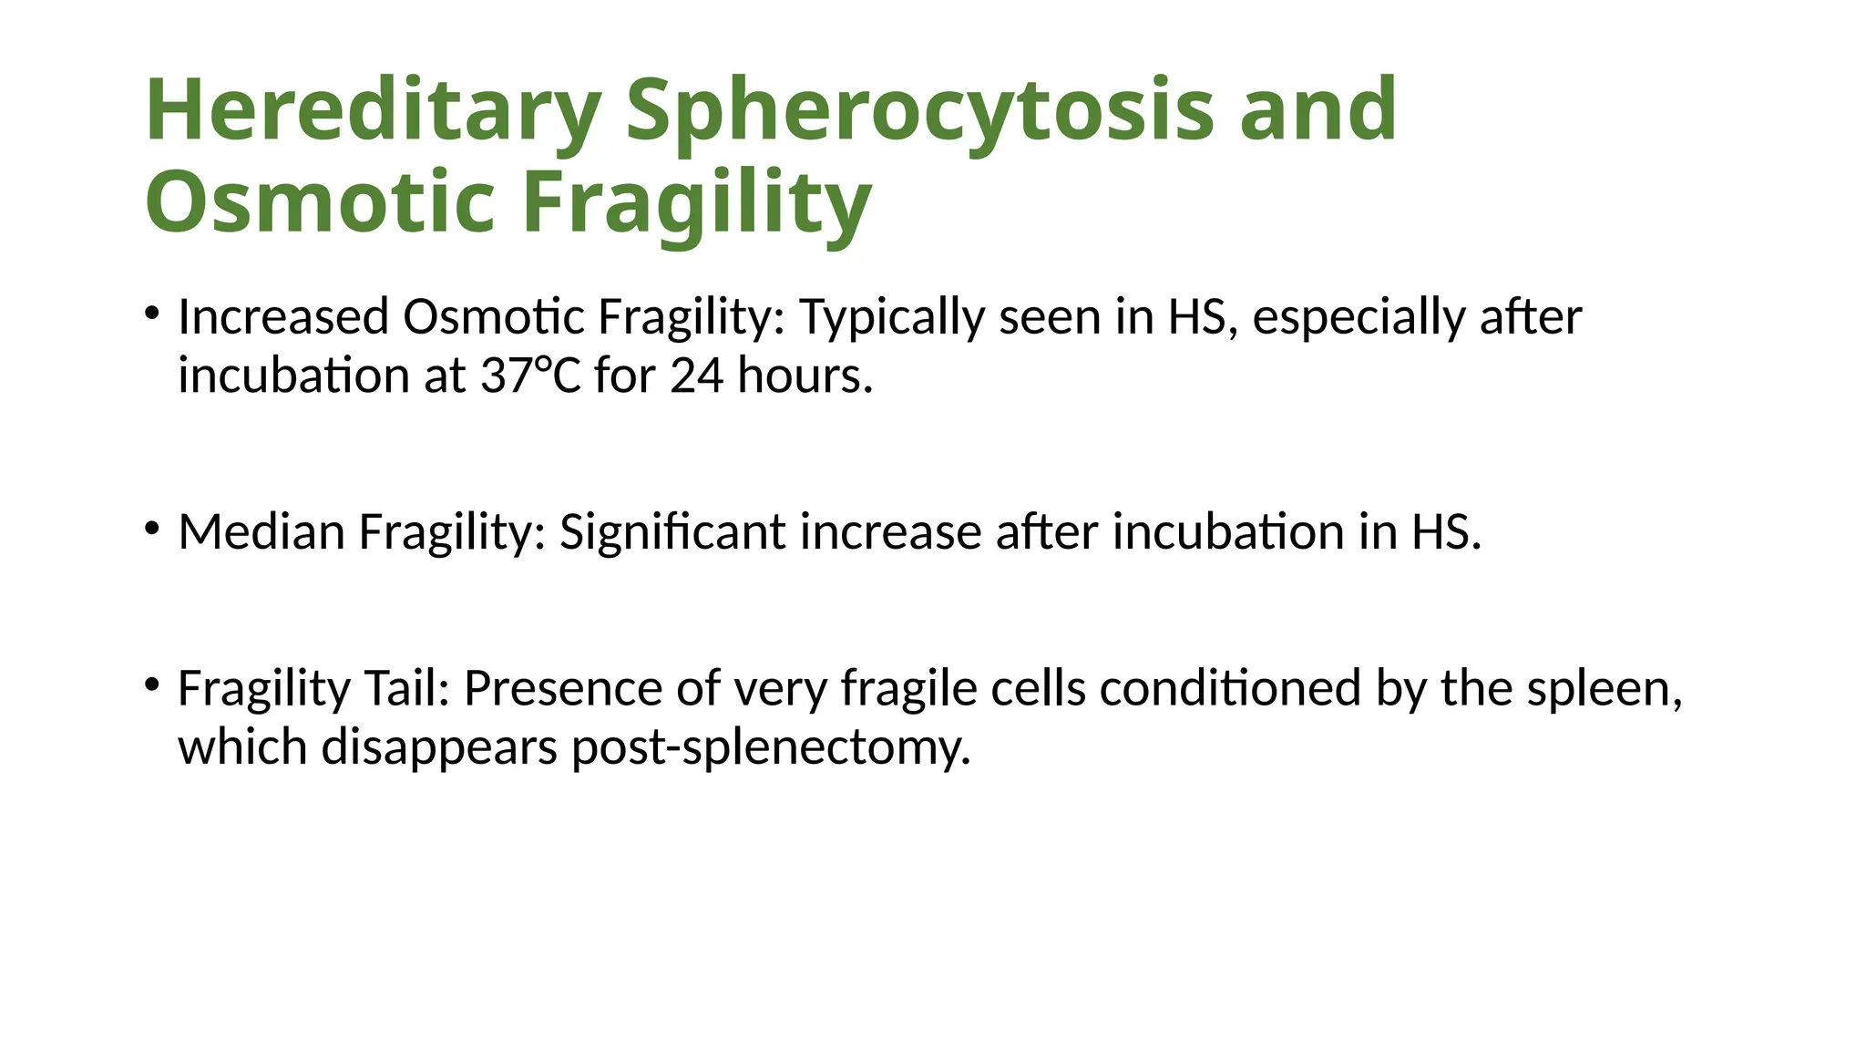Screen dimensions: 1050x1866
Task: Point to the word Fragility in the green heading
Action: coord(697,201)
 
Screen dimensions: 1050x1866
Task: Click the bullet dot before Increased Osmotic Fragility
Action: coord(152,314)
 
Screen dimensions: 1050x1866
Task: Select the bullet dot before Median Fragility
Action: coord(152,528)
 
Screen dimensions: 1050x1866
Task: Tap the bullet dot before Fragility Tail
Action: coord(152,684)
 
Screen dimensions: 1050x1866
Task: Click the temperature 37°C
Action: coord(530,375)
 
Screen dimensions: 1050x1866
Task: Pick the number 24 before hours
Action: coord(697,375)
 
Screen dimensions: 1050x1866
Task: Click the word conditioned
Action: coord(1230,688)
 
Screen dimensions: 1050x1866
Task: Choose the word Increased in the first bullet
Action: coord(283,317)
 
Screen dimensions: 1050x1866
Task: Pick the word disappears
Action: coord(439,748)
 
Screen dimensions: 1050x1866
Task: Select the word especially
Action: coord(1358,318)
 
